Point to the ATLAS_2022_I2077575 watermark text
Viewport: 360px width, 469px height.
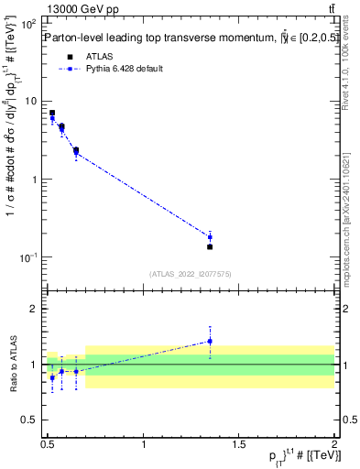pyautogui.click(x=190, y=273)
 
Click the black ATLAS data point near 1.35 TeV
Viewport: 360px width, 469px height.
pyautogui.click(x=210, y=246)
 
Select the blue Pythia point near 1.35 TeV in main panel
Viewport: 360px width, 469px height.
pyautogui.click(x=210, y=237)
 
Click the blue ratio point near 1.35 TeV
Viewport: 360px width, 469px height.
pyautogui.click(x=210, y=341)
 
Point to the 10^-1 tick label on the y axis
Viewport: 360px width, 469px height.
pyautogui.click(x=29, y=257)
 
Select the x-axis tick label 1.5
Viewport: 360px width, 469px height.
pyautogui.click(x=238, y=445)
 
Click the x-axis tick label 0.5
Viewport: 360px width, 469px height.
pyautogui.click(x=48, y=445)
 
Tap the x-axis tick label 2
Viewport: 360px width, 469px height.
pyautogui.click(x=334, y=445)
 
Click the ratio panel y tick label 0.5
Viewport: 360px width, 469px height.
pyautogui.click(x=32, y=420)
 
